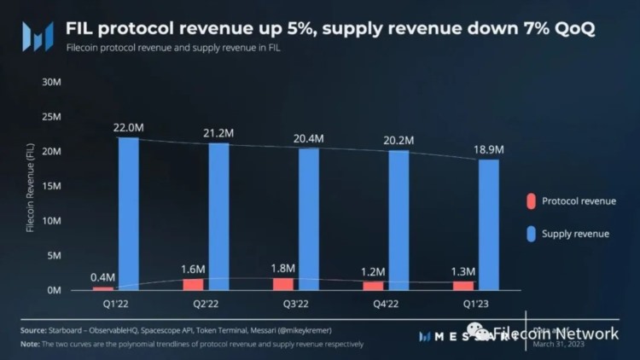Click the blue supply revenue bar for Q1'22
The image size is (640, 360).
[x=127, y=213]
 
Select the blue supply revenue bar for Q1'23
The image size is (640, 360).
[x=489, y=224]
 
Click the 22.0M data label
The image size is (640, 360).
[x=127, y=128]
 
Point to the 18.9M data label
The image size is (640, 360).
[x=489, y=150]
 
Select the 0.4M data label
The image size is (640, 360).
[x=104, y=277]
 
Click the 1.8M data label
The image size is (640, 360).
[x=285, y=269]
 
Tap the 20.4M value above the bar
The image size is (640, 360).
[x=308, y=139]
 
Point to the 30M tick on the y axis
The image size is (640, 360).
[x=50, y=82]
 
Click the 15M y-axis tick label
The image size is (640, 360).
[x=50, y=186]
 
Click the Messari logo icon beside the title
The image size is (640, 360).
[x=38, y=36]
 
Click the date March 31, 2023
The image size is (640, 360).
[x=558, y=345]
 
